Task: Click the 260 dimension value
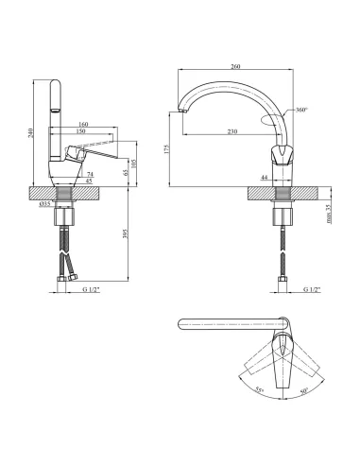(235, 66)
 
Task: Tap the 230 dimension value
(232, 131)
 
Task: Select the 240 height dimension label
(30, 133)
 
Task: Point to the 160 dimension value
(83, 125)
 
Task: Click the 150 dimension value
(80, 131)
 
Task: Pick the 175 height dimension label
(166, 149)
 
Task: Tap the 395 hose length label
(126, 233)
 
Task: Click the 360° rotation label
(301, 110)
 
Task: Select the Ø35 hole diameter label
(44, 204)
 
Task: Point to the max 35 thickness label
(329, 215)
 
